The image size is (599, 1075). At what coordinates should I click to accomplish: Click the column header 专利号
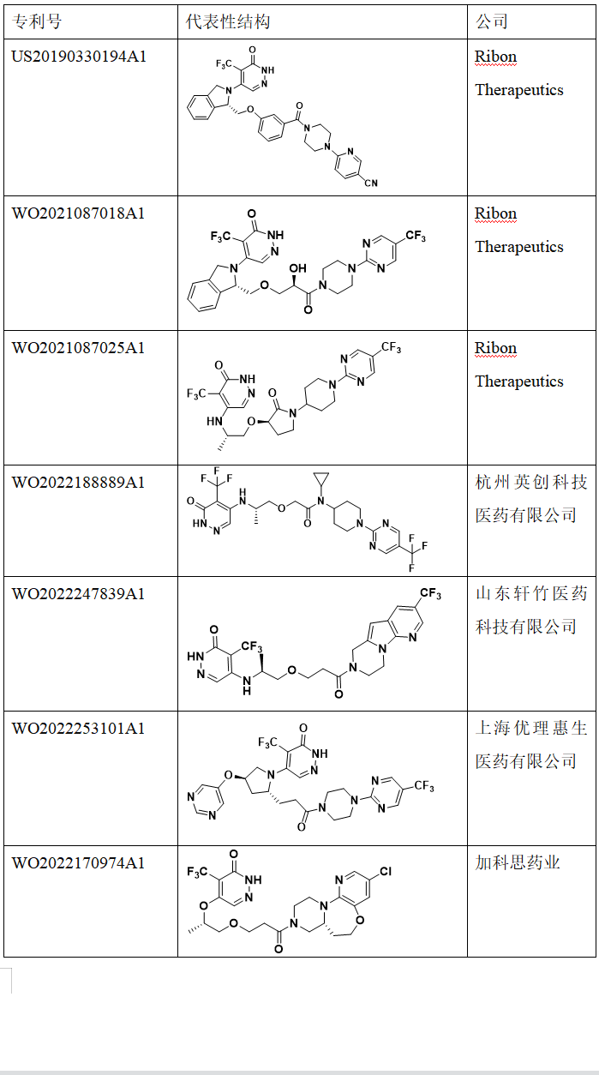(37, 21)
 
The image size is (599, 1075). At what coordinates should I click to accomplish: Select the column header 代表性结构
(228, 21)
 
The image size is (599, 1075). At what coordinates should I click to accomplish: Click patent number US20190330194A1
(79, 57)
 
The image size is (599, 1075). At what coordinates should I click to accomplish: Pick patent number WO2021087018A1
(78, 213)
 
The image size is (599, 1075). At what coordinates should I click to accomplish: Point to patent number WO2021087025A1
(78, 348)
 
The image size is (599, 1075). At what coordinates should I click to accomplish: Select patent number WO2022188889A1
(78, 483)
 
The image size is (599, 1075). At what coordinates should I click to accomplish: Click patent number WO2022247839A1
(78, 594)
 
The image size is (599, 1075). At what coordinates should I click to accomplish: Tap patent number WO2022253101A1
(78, 729)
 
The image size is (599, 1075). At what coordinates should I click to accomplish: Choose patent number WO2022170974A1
(78, 863)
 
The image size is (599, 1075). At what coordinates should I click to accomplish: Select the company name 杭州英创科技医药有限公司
(531, 499)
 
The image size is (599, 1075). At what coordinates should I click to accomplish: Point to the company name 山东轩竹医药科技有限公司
(531, 610)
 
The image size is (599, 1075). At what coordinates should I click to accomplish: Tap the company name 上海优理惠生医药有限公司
(531, 745)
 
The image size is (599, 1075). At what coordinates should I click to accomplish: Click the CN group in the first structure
(369, 183)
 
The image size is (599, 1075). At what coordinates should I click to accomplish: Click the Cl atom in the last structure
(385, 872)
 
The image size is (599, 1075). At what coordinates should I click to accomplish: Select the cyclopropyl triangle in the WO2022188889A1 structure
(321, 477)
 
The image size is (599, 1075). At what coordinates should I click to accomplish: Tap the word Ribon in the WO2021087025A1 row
(496, 348)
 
